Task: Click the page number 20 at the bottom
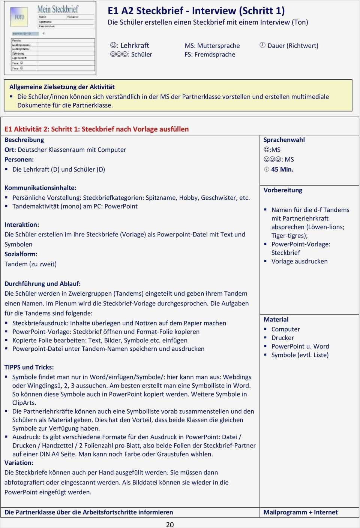click(170, 524)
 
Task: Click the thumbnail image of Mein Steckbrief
click(50, 38)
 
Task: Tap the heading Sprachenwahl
click(284, 140)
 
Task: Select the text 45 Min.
click(282, 169)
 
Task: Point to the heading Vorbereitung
click(283, 190)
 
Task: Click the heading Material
click(276, 319)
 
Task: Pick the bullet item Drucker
click(282, 338)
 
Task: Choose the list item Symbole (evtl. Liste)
click(300, 355)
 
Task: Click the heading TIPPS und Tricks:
click(29, 367)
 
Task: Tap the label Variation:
click(19, 462)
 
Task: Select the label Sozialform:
click(21, 254)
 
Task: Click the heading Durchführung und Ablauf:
click(42, 284)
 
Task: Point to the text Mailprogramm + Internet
click(300, 512)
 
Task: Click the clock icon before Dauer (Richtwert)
click(262, 45)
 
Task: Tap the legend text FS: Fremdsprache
click(210, 54)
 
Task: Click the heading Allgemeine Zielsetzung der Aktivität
click(62, 87)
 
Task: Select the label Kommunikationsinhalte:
click(40, 188)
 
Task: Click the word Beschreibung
click(24, 140)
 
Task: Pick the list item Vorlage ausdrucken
click(299, 261)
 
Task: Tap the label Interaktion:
click(22, 224)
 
